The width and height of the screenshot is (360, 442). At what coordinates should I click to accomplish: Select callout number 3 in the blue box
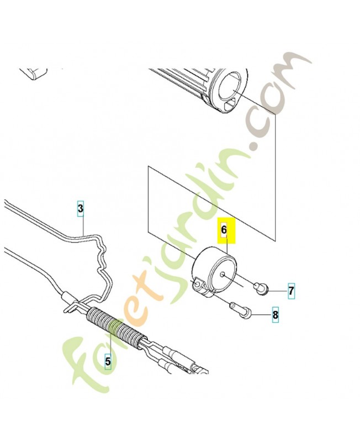81,209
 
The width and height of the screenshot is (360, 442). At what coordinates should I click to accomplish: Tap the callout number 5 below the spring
108,361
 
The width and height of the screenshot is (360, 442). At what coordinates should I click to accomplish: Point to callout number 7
291,290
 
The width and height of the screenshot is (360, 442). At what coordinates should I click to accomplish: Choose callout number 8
275,316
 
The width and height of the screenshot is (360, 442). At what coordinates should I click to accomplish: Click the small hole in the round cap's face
221,274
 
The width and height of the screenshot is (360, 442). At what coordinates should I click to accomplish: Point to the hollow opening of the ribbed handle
230,88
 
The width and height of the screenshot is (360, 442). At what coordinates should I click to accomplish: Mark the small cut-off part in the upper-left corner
34,73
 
